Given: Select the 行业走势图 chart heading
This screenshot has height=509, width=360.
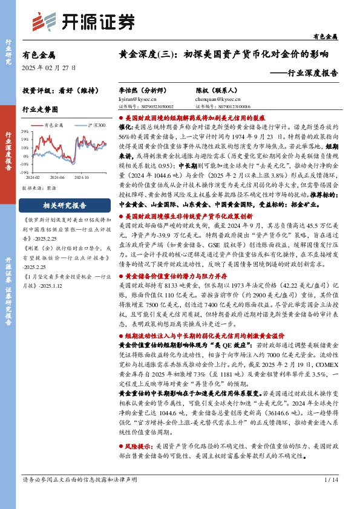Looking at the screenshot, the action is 40,110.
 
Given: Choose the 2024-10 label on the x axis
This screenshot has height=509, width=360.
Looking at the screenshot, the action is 82,177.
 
